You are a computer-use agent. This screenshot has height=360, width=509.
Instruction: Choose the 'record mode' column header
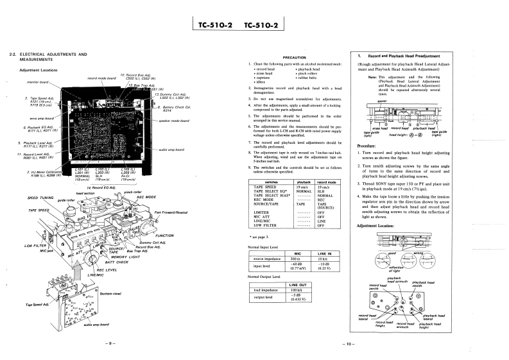(327, 183)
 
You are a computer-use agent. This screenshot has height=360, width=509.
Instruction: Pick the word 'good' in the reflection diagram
(392, 253)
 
